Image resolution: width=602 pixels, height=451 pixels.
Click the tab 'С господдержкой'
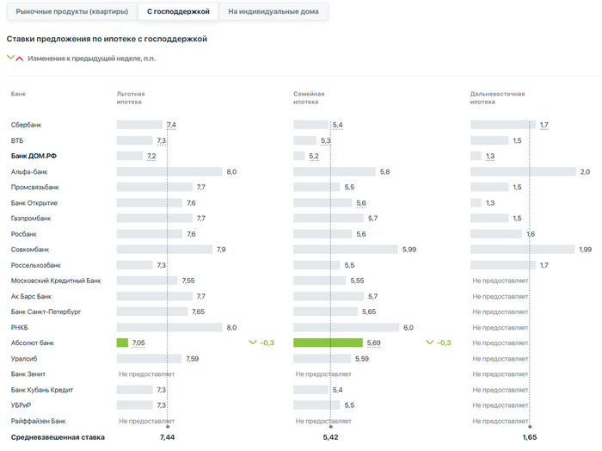(178, 11)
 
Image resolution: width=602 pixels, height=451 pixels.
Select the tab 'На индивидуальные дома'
(273, 11)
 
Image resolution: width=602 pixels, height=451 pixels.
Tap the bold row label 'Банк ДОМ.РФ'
(34, 156)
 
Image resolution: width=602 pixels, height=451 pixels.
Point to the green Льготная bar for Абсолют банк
(122, 343)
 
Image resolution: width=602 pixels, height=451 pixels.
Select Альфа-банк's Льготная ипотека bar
(169, 171)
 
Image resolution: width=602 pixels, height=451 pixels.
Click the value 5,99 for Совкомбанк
(411, 250)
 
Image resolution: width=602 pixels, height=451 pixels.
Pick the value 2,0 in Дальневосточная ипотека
(585, 172)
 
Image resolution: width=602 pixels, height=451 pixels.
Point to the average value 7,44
(167, 437)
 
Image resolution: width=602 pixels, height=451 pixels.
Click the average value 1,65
(530, 437)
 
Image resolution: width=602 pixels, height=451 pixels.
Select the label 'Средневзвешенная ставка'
(58, 437)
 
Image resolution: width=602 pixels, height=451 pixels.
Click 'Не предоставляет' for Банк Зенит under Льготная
(146, 374)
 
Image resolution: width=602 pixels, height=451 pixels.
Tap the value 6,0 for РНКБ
(408, 327)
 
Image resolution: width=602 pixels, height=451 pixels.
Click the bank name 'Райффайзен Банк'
(38, 421)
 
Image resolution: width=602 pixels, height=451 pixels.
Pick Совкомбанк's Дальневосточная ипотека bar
(522, 250)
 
